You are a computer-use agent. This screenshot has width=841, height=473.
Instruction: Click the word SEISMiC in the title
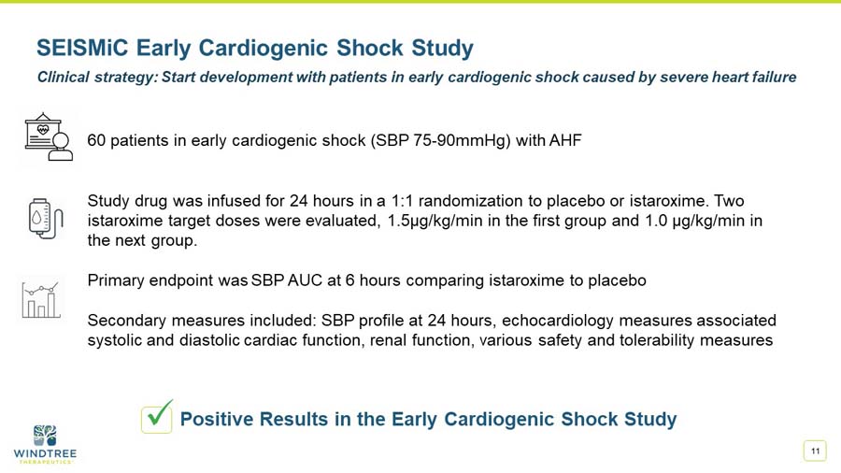pos(82,48)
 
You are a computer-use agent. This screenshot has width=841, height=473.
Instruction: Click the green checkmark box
pos(157,417)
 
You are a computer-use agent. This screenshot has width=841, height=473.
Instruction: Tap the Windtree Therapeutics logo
pos(45,444)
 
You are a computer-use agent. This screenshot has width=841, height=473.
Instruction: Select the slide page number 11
pos(815,451)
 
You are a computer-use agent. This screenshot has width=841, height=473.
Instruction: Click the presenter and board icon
pos(49,137)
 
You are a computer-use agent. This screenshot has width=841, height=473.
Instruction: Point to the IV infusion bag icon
pos(46,218)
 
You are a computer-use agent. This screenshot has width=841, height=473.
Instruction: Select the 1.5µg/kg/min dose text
pos(435,221)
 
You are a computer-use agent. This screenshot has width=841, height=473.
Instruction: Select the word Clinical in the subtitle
pos(64,78)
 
